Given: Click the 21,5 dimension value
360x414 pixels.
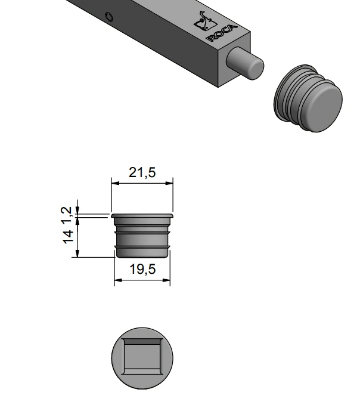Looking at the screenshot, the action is point(142,172).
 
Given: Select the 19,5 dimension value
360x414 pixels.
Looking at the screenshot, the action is point(142,269).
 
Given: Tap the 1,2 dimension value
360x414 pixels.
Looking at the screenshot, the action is point(67,215).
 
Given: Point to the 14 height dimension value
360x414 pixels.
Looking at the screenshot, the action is point(67,237).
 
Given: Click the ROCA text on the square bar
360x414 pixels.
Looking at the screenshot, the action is point(222,33).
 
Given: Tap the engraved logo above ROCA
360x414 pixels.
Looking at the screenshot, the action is point(204,21).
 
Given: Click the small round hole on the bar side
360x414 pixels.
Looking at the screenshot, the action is point(109,17).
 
